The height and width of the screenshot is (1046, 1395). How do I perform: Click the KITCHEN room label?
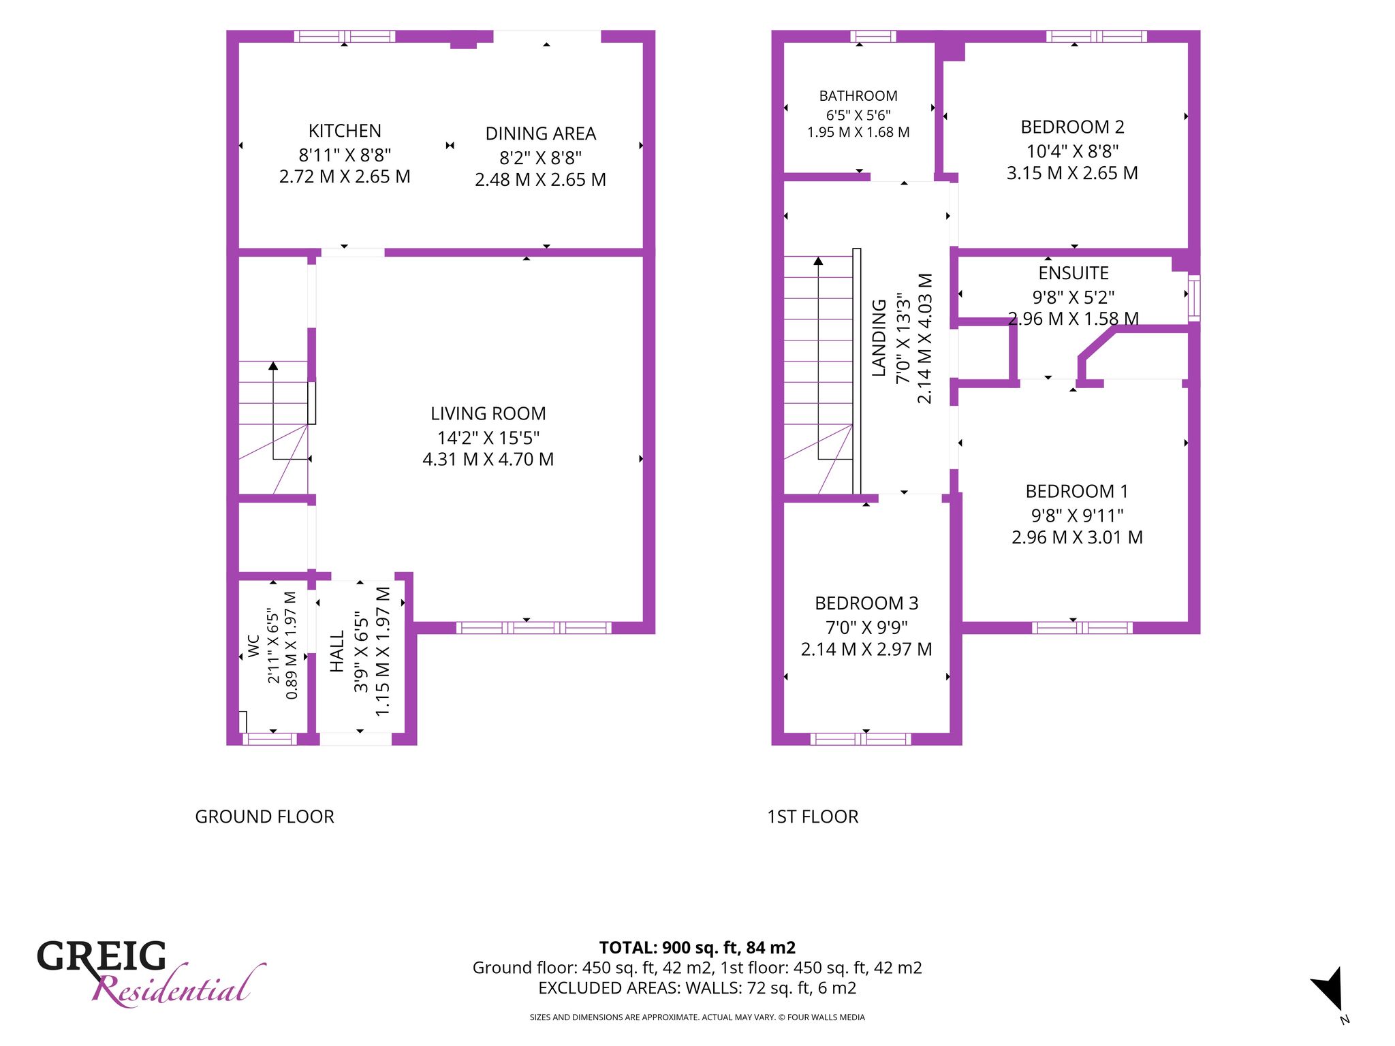point(345,131)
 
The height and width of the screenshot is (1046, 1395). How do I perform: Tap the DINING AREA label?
point(541,133)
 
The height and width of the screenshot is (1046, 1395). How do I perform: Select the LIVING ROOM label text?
point(488,413)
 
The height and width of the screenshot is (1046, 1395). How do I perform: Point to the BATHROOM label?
point(858,96)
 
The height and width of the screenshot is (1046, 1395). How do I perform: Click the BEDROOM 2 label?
point(1072,127)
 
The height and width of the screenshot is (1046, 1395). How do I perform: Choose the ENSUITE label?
point(1073,273)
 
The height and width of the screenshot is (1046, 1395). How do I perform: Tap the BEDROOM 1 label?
point(1077,491)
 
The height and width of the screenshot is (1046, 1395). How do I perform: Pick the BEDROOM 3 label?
point(866,603)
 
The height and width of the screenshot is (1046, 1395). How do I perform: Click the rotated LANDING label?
point(879,338)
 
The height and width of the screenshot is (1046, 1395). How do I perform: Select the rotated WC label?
point(253,646)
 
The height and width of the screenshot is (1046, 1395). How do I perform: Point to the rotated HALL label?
point(337,652)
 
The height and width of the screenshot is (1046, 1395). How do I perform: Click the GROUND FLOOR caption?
point(264,817)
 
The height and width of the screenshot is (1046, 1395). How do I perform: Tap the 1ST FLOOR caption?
point(813,817)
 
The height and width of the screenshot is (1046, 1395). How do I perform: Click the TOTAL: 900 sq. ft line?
point(697,947)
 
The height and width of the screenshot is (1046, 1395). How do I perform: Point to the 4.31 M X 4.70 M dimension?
point(488,459)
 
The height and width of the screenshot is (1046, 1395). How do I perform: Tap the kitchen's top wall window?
point(345,36)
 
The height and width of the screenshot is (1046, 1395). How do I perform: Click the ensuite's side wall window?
point(1194,298)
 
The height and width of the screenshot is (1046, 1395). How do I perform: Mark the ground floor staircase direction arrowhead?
point(273,366)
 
